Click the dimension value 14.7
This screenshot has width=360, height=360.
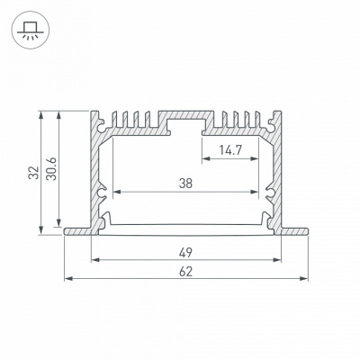(229, 150)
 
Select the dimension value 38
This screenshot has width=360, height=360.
(185, 184)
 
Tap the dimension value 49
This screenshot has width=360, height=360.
(185, 253)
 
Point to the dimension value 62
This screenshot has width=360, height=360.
(185, 272)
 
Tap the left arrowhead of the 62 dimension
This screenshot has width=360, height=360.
(68, 279)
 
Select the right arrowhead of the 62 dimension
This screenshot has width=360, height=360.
(304, 279)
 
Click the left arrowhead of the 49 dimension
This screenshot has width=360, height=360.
(95, 259)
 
